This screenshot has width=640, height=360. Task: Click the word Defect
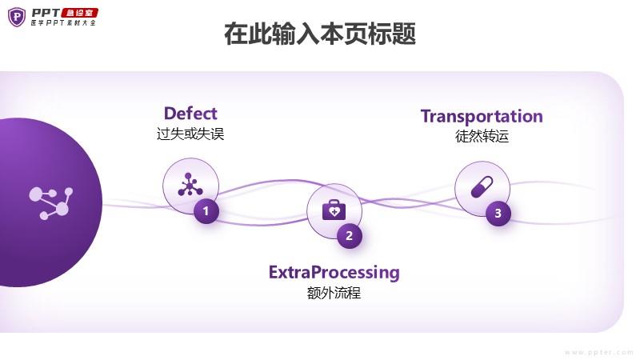pos(190,113)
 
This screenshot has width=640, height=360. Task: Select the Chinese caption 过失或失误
pos(190,134)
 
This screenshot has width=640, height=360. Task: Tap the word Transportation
pos(482,116)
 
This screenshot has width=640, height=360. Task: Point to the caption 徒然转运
pos(482,136)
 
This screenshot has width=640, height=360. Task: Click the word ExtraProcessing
pos(334,272)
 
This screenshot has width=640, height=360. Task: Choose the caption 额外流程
pos(334,293)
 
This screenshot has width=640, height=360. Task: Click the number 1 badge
pos(206,211)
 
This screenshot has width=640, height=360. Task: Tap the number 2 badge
pos(349,236)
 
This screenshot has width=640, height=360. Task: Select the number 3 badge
pos(498,213)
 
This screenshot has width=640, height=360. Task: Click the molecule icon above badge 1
pos(190,184)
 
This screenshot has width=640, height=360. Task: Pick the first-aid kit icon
pos(334,210)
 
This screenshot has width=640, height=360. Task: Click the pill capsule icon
pos(482,188)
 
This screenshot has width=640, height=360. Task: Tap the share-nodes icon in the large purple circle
pos(50,202)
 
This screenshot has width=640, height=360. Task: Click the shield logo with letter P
pos(17,16)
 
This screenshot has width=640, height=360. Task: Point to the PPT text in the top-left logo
pos(47,12)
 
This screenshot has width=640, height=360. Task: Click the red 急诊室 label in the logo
pos(82,12)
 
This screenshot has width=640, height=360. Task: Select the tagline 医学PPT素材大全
pos(62,23)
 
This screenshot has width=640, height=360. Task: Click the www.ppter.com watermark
pos(599,352)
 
